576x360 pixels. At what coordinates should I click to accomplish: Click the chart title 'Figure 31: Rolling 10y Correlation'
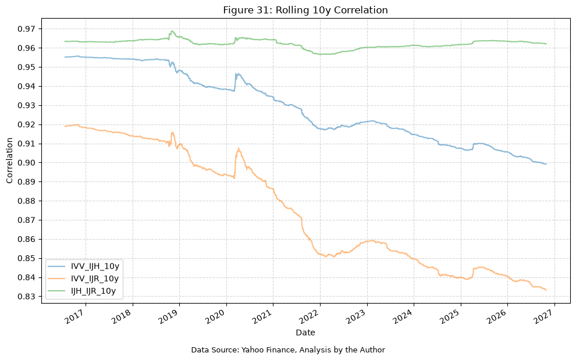(x=305, y=10)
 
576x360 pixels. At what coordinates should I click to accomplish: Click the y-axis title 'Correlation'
(x=9, y=161)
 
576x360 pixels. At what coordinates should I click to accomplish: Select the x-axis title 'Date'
(x=305, y=333)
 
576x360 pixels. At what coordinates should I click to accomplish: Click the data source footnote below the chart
(x=288, y=350)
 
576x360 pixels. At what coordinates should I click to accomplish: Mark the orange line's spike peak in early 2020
(x=239, y=149)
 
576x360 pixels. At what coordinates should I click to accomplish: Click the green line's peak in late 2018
(x=172, y=31)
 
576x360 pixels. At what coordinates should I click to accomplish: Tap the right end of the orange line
(x=546, y=290)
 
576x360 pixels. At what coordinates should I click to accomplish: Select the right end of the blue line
(x=546, y=164)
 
